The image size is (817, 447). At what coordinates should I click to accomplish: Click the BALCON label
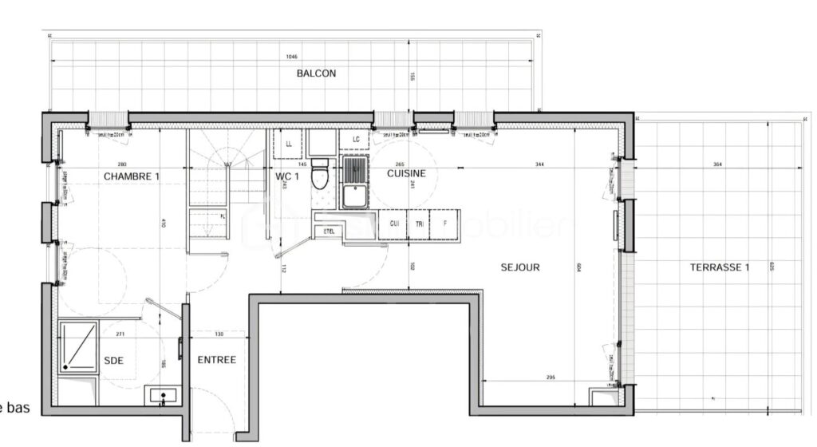tap(316, 73)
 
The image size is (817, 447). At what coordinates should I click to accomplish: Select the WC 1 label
tap(287, 176)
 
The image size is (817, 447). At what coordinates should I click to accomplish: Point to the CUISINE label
tap(406, 173)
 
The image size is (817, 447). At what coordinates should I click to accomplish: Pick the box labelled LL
tap(288, 144)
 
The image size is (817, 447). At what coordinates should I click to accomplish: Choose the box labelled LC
tap(355, 140)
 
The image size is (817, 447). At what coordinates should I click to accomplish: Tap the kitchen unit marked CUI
tap(394, 224)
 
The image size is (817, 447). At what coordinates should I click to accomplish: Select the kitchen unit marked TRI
tap(419, 224)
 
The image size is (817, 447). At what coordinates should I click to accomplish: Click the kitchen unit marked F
tap(445, 224)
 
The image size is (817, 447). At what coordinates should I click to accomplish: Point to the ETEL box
tap(329, 231)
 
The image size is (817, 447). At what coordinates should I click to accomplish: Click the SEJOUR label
tap(520, 267)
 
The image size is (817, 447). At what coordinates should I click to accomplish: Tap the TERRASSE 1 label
tap(720, 267)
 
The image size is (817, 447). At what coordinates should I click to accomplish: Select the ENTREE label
tap(216, 360)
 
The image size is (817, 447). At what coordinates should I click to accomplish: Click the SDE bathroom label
tap(114, 361)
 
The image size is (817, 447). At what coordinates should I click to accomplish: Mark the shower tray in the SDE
tap(77, 347)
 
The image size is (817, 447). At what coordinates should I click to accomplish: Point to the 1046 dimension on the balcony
tap(294, 57)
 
